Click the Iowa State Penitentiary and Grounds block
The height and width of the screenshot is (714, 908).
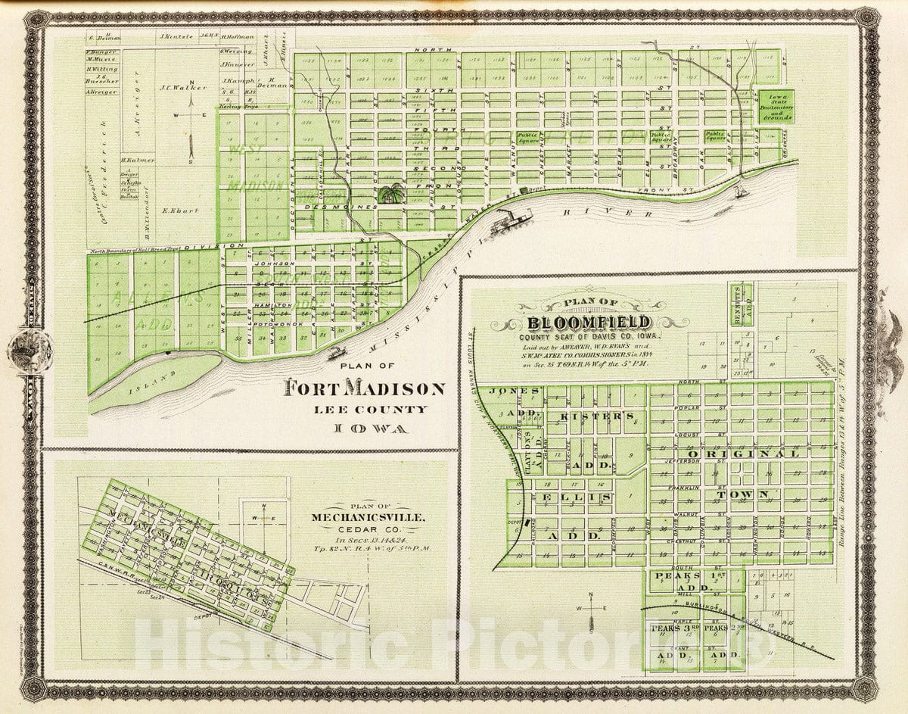click(779, 107)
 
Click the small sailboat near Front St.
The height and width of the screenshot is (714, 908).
click(740, 194)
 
